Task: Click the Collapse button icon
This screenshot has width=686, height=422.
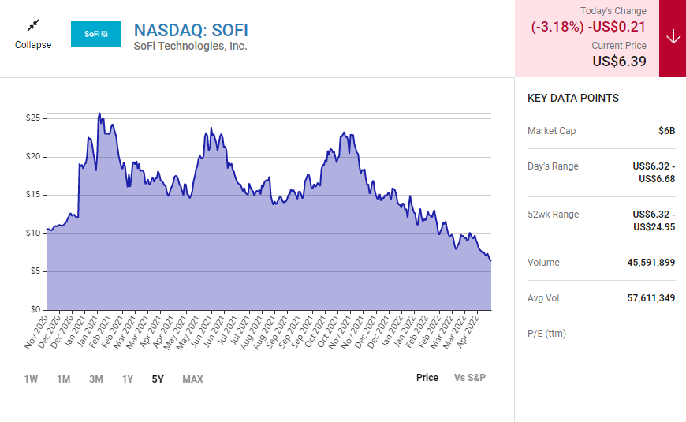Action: point(33,26)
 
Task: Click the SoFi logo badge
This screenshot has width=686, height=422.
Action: point(96,34)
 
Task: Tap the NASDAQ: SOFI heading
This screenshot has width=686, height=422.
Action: point(191,30)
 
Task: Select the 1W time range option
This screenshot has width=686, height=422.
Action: point(31,379)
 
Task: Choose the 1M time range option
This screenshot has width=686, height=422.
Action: point(63,379)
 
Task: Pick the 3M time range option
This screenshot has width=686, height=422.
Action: point(95,379)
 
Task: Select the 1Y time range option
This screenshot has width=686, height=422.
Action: point(128,379)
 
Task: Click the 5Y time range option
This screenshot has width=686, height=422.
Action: point(158,379)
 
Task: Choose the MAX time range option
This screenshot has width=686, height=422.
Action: point(192,379)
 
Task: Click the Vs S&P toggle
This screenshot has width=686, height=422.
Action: point(470,378)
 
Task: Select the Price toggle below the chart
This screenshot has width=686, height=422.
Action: point(427,378)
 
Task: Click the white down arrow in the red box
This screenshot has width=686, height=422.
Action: point(673,38)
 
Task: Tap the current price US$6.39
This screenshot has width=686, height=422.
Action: point(619,61)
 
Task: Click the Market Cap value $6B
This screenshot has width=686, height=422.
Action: point(666,131)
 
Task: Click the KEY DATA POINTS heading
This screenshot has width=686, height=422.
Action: point(573,99)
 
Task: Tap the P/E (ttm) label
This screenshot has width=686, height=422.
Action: point(546,334)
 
